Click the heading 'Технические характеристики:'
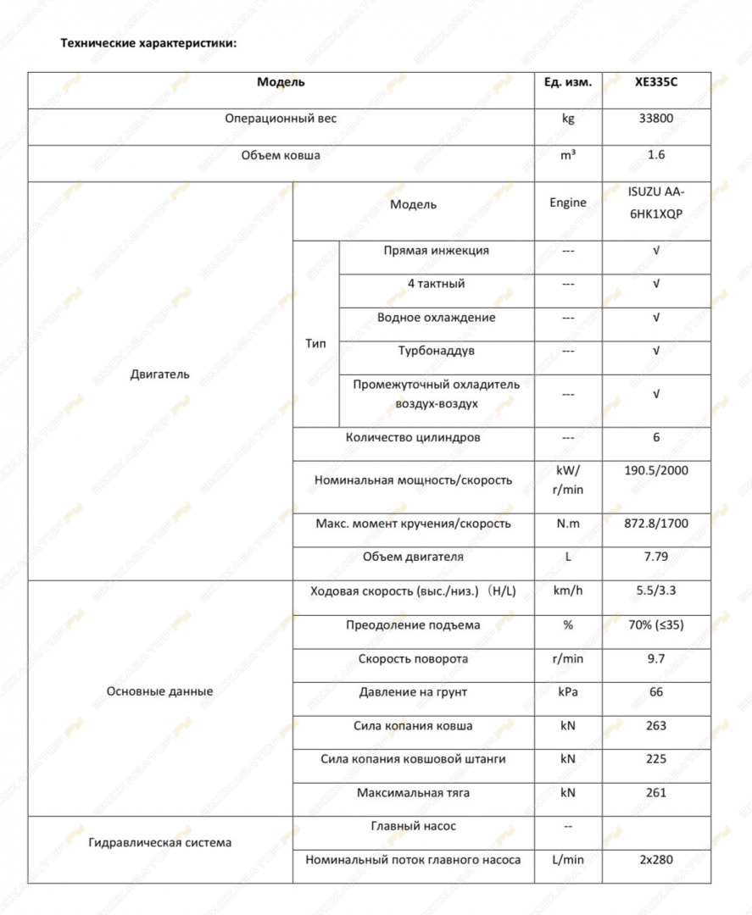[x=148, y=42]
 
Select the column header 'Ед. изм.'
[x=568, y=83]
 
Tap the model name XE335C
[x=655, y=83]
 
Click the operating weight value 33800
[x=656, y=119]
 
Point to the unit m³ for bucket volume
[x=568, y=155]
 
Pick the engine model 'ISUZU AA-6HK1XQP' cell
[x=656, y=203]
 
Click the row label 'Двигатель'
[x=160, y=374]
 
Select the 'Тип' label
[x=315, y=343]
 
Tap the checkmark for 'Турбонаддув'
[x=656, y=351]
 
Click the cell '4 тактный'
[x=436, y=284]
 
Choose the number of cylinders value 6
[x=656, y=438]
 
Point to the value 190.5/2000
[x=656, y=470]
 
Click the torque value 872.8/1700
[x=656, y=524]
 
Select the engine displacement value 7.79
[x=656, y=557]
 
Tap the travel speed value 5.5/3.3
[x=656, y=591]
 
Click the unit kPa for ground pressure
[x=568, y=692]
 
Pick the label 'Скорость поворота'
[x=413, y=658]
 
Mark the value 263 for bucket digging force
[x=656, y=726]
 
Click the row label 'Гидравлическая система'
[x=160, y=843]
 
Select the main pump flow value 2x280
[x=656, y=860]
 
